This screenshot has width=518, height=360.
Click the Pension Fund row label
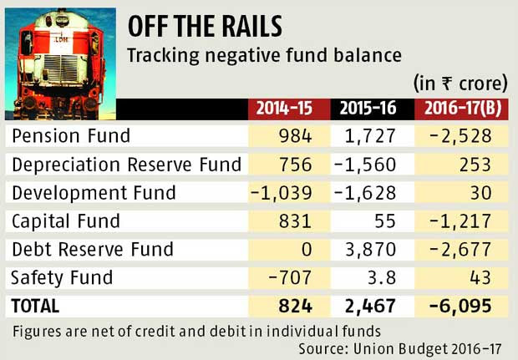[67, 135]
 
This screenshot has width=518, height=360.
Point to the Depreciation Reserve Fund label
[125, 164]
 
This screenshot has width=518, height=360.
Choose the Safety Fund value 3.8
[389, 277]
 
